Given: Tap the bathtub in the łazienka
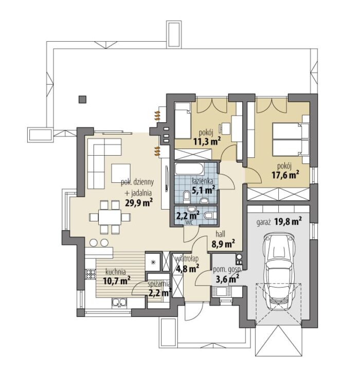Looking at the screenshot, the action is [189, 170].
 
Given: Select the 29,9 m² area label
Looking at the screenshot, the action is [139, 203].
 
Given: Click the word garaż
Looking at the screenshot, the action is [264, 222].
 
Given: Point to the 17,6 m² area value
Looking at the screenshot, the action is [285, 175].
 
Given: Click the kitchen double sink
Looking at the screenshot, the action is [119, 303].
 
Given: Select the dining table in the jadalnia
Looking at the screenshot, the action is [110, 217].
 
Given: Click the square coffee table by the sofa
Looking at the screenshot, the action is [121, 173].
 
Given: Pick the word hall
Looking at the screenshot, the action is [221, 234].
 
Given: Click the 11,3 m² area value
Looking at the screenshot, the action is [207, 142].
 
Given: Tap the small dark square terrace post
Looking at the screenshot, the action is [82, 100].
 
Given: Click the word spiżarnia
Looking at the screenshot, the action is [159, 284].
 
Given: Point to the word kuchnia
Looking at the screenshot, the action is [116, 272].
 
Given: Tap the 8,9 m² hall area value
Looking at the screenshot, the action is [223, 244].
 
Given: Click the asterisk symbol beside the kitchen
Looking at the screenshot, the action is [154, 262].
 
